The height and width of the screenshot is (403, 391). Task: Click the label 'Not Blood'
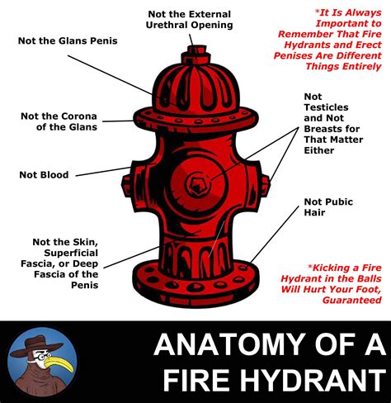pyautogui.click(x=44, y=174)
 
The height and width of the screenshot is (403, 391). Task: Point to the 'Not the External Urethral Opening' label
pyautogui.click(x=190, y=19)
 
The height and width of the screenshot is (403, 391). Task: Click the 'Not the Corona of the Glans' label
pyautogui.click(x=59, y=121)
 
